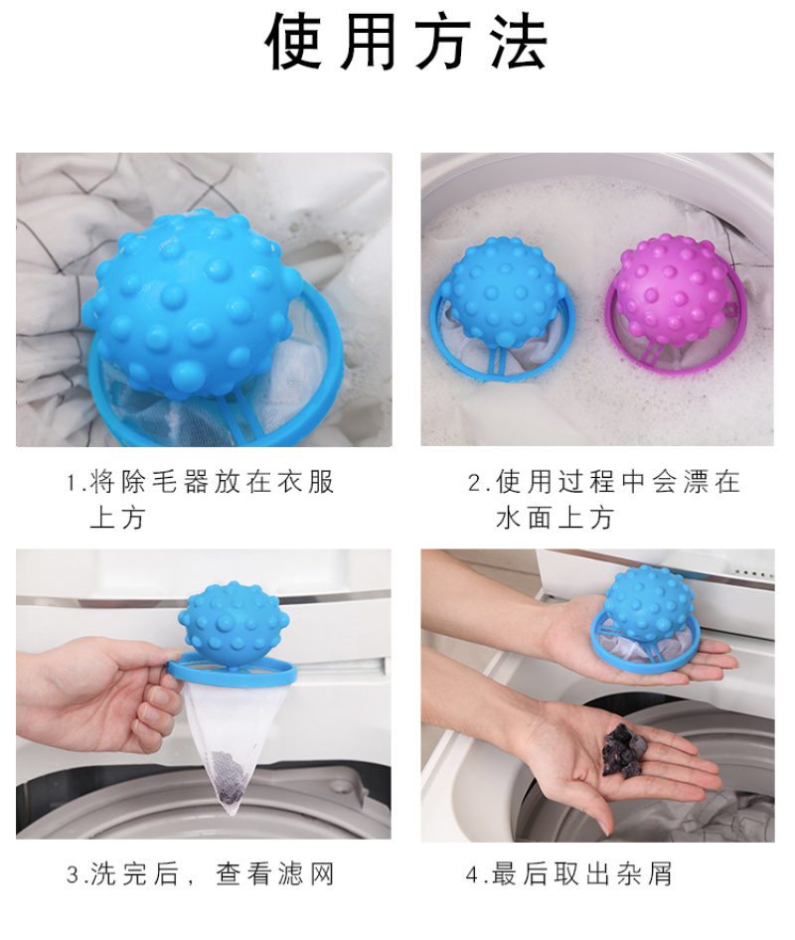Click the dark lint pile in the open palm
point(624,751)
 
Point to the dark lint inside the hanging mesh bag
point(228,778)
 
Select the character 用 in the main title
point(368,42)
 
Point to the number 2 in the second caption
point(475,483)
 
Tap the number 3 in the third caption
point(74,874)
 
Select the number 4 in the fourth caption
point(472,874)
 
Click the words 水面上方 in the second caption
point(555,518)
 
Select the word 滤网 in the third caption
point(306,874)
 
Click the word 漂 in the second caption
point(696,483)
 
